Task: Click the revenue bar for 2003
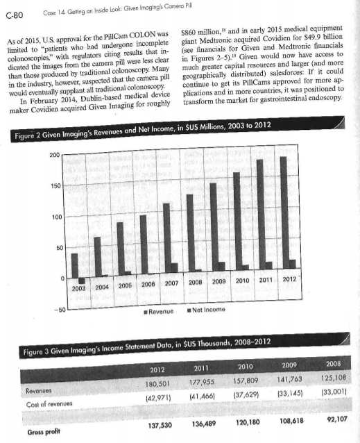[x=75, y=264]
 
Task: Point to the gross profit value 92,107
[x=332, y=420]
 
